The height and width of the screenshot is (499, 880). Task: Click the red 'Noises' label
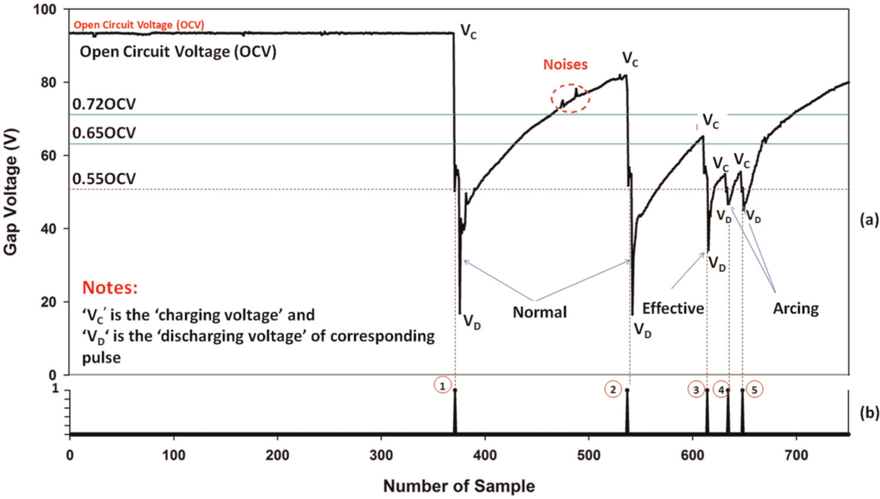click(x=566, y=65)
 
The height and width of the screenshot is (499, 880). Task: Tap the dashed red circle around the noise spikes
click(x=551, y=98)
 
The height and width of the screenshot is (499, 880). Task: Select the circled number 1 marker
click(x=443, y=386)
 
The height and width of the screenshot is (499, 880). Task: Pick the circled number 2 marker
click(x=613, y=389)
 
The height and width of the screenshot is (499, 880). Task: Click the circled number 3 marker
click(x=696, y=390)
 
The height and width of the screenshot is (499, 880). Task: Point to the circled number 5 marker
click(x=754, y=390)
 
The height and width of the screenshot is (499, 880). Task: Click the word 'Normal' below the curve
click(x=540, y=312)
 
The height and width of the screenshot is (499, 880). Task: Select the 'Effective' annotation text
click(x=673, y=309)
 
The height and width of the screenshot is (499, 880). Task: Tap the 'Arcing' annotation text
click(x=796, y=309)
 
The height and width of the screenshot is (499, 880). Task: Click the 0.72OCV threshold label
click(x=104, y=104)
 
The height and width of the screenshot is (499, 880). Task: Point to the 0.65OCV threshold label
click(x=104, y=133)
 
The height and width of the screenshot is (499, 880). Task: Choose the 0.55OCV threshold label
click(x=104, y=179)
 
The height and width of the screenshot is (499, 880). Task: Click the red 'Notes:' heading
click(x=110, y=287)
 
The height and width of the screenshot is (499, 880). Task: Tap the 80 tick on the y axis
click(x=49, y=83)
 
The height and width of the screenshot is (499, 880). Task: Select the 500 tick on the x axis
click(x=589, y=456)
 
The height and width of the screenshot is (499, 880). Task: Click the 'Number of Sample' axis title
click(x=459, y=486)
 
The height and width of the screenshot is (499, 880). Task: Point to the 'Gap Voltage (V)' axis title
click(x=11, y=192)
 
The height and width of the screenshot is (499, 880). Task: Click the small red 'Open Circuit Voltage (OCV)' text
click(x=139, y=25)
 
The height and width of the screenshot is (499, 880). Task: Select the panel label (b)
click(x=869, y=413)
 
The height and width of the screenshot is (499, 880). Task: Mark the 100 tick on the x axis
click(x=173, y=456)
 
